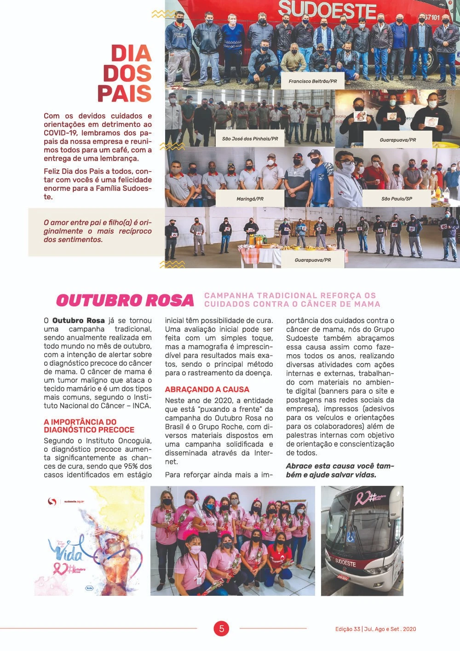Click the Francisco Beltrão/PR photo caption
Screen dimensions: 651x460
(x=312, y=81)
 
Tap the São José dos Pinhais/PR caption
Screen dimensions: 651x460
(x=250, y=138)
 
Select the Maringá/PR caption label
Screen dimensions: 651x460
(x=250, y=199)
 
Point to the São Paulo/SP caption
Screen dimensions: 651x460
(x=397, y=199)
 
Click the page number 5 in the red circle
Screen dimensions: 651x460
(x=221, y=628)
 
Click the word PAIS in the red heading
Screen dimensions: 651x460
(x=124, y=93)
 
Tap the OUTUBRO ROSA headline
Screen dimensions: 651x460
(x=125, y=300)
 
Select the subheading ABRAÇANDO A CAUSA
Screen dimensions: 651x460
(x=207, y=389)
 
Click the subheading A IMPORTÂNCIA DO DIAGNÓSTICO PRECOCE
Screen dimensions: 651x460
(x=89, y=426)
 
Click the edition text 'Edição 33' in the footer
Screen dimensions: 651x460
(x=347, y=629)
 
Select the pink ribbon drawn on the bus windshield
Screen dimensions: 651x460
(x=361, y=498)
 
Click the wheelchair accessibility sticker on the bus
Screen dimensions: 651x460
(x=351, y=537)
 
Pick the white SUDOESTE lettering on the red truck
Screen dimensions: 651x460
(x=327, y=10)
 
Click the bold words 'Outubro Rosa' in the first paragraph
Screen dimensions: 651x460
(x=78, y=320)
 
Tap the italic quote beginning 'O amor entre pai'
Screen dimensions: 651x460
(x=98, y=231)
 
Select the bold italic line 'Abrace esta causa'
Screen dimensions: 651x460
(x=340, y=470)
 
